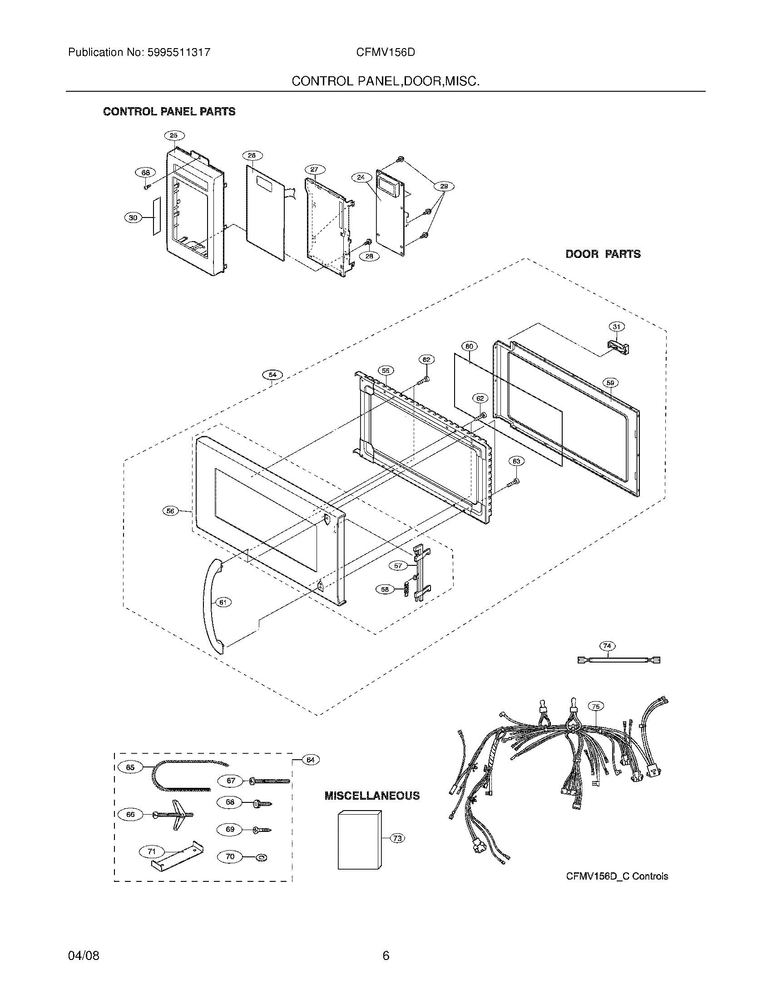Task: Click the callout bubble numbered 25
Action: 174,135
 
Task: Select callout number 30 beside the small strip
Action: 133,218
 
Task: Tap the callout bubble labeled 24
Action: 361,177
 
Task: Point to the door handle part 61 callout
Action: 223,603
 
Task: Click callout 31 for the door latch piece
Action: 617,326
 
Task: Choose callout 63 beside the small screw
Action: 516,461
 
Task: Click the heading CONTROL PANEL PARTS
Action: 169,112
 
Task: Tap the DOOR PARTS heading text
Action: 603,254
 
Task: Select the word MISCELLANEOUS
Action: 372,796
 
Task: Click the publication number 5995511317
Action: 179,52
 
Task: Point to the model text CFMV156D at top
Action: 386,52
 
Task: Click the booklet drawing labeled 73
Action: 360,840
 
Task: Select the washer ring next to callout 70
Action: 263,857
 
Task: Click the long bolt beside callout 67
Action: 270,781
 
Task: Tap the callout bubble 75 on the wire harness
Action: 596,706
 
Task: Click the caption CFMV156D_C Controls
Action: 617,876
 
